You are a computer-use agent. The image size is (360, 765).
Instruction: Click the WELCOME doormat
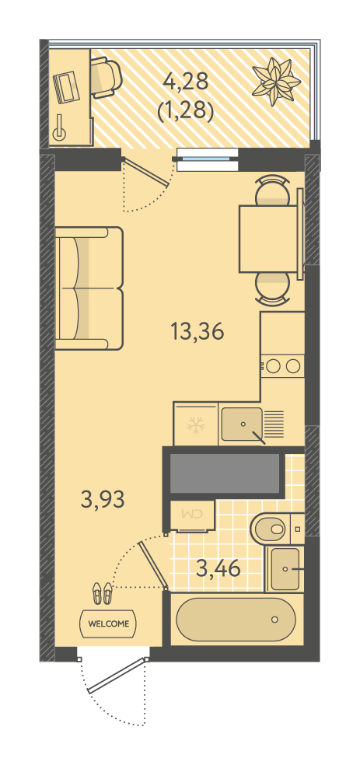tap(108, 623)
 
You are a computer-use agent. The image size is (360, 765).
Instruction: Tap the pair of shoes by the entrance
tap(103, 592)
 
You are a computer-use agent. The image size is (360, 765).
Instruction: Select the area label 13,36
tap(197, 332)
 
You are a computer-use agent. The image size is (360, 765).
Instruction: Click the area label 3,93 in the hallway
tap(103, 500)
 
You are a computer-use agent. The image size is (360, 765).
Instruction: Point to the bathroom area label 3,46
tap(218, 568)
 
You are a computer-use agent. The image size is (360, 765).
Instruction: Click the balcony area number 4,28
tap(186, 82)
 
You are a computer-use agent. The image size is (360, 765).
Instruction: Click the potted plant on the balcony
tap(276, 81)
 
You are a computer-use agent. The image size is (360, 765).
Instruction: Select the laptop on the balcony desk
tap(66, 87)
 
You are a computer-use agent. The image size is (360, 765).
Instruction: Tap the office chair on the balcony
tap(106, 77)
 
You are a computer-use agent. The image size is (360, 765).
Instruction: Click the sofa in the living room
tap(89, 288)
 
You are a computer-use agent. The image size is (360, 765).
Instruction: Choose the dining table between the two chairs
tap(268, 239)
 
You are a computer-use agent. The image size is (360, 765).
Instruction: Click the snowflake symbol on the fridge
tap(196, 425)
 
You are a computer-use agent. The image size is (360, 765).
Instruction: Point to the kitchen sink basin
tap(242, 424)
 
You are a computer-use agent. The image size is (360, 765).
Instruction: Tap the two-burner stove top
tap(282, 366)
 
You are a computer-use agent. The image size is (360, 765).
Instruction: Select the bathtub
tap(236, 619)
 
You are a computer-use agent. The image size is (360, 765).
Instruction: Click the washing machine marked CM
tap(191, 515)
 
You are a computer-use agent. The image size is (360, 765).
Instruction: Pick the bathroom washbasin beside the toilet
tap(285, 568)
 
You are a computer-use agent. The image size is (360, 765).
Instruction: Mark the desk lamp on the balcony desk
tap(60, 128)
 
